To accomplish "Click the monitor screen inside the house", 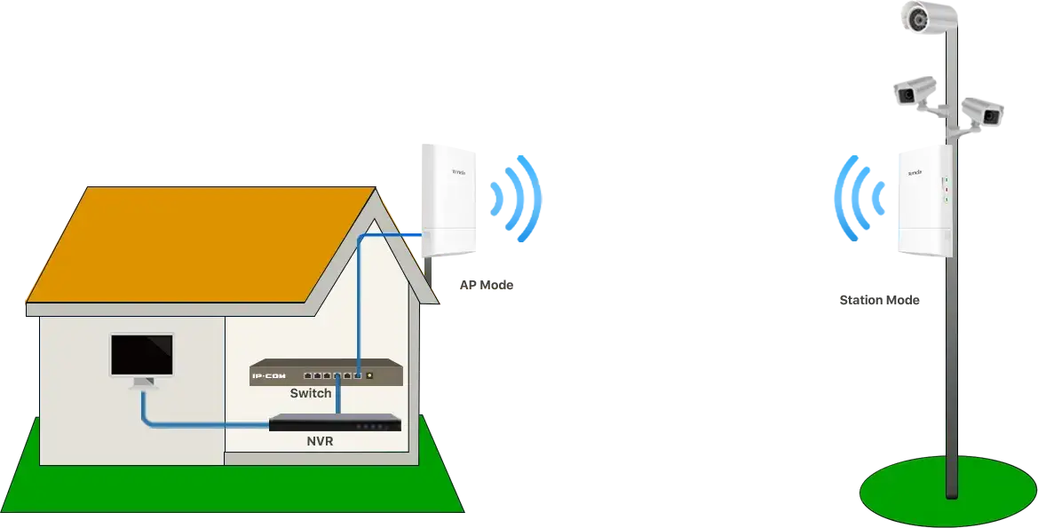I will click(x=141, y=354).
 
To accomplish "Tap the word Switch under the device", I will click(x=311, y=393).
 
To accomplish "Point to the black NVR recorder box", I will click(x=335, y=423).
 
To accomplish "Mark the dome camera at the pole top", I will click(x=918, y=17).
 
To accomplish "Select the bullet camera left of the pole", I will click(x=913, y=90).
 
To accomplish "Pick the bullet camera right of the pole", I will click(x=983, y=111).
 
